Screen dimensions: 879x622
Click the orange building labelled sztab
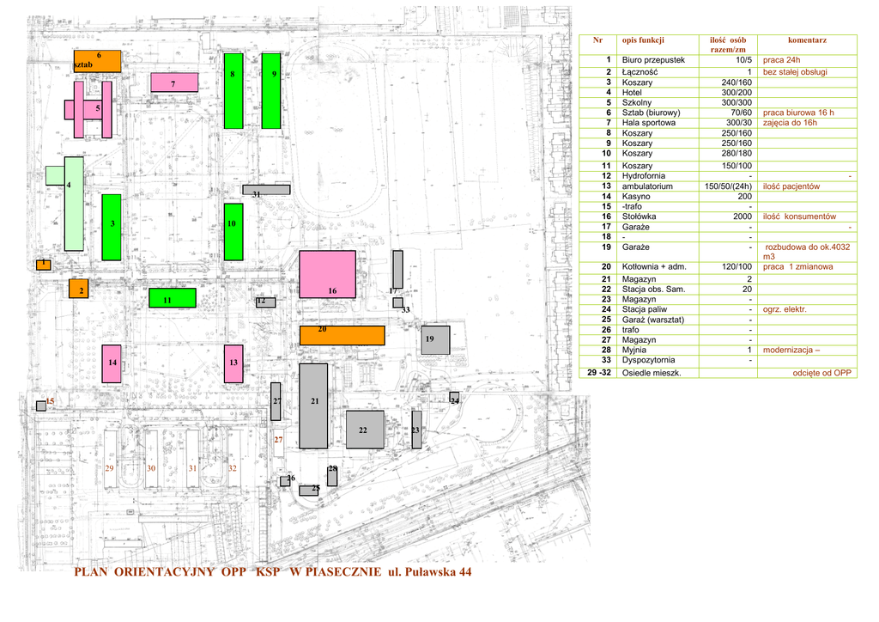coord(97,61)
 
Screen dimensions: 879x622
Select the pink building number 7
coord(174,82)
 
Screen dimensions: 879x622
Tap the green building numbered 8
coord(233,91)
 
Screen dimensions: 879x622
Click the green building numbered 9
coord(271,91)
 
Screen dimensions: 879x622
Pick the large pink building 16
coord(327,275)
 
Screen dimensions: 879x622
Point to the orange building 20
coord(342,335)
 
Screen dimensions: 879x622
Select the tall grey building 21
coord(313,406)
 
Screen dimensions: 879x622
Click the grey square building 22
coord(365,429)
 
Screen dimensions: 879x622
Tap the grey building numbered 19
coord(435,339)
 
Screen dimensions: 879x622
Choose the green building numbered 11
coord(172,298)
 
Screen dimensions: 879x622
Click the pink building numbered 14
coord(112,363)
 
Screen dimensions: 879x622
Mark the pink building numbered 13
coord(233,363)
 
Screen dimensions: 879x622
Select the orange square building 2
coord(79,290)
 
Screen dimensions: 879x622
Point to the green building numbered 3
coord(112,227)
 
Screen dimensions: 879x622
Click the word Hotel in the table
coord(632,92)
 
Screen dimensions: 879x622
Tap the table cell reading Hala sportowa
coord(648,123)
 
